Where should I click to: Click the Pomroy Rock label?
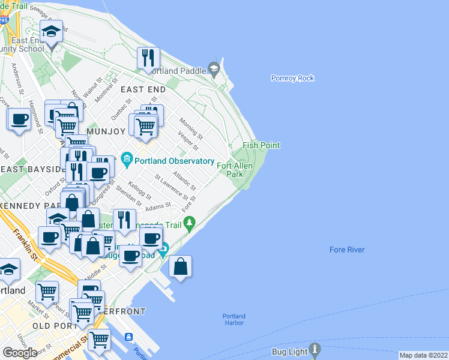tap(292, 78)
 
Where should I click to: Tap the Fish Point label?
tap(261, 145)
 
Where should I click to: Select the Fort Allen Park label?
tap(235, 170)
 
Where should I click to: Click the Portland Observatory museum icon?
tap(127, 160)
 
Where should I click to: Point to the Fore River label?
tap(347, 250)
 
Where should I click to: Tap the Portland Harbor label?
tap(234, 319)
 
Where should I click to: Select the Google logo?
tap(20, 353)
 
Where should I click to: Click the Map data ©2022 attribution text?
tap(423, 355)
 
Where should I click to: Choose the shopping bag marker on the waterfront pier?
tap(180, 266)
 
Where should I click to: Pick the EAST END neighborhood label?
tap(143, 89)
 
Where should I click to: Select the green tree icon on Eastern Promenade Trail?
tap(190, 224)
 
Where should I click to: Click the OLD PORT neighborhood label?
tap(50, 326)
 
